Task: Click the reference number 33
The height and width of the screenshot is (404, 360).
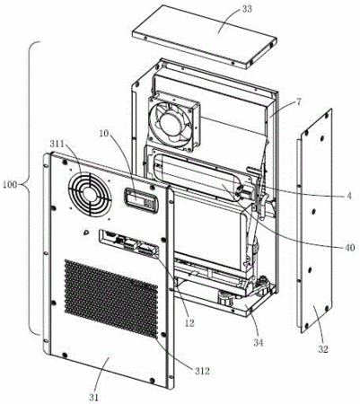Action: click(246, 9)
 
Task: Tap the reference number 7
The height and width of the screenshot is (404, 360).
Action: click(298, 102)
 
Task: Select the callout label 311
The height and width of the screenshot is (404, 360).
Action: click(57, 145)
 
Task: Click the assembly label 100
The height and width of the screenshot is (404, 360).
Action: click(10, 185)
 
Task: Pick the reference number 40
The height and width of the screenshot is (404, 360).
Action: click(348, 247)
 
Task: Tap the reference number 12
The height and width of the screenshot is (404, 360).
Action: click(189, 322)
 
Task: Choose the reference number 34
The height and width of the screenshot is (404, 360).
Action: click(259, 342)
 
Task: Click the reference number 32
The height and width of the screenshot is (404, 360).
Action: click(322, 349)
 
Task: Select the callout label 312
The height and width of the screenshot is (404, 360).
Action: click(200, 371)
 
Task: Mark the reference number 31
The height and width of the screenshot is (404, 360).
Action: click(93, 397)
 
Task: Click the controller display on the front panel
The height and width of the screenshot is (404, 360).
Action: click(141, 200)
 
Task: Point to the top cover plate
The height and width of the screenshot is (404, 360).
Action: click(205, 37)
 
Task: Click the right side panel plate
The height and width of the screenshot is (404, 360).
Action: click(314, 221)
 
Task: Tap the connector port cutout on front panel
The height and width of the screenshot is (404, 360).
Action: click(128, 243)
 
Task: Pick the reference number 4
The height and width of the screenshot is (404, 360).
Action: click(348, 197)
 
